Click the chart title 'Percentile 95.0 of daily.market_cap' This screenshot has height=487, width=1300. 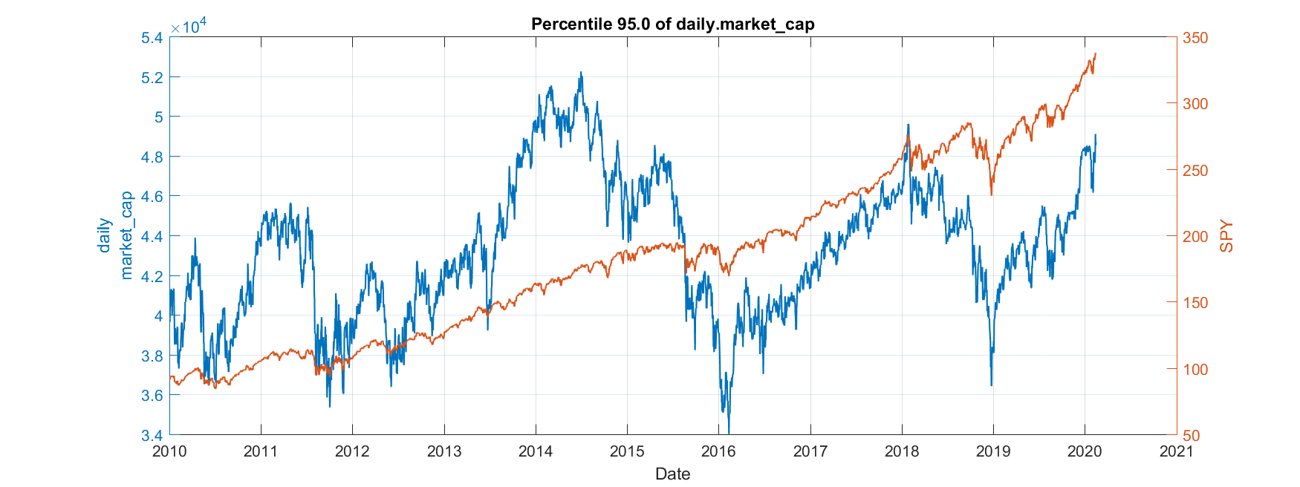click(x=672, y=24)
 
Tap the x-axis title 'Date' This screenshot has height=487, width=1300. click(x=672, y=474)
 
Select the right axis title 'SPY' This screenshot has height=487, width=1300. click(x=1226, y=236)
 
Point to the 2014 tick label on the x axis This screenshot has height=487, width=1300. click(x=536, y=451)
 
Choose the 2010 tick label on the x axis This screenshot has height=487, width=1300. click(x=169, y=451)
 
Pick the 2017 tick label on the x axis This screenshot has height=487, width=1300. click(x=810, y=451)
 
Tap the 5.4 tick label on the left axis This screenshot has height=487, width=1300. click(x=152, y=38)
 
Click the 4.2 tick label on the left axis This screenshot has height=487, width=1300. click(x=152, y=276)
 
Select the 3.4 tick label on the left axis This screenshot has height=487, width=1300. click(x=152, y=435)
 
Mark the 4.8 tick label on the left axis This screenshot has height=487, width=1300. click(x=152, y=157)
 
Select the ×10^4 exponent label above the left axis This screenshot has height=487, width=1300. click(x=188, y=27)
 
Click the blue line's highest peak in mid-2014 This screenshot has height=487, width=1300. click(x=581, y=73)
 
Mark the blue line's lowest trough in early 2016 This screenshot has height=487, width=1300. click(x=729, y=433)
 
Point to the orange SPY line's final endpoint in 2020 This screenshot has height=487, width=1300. click(x=1096, y=53)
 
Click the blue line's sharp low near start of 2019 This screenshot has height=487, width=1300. click(x=991, y=385)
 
